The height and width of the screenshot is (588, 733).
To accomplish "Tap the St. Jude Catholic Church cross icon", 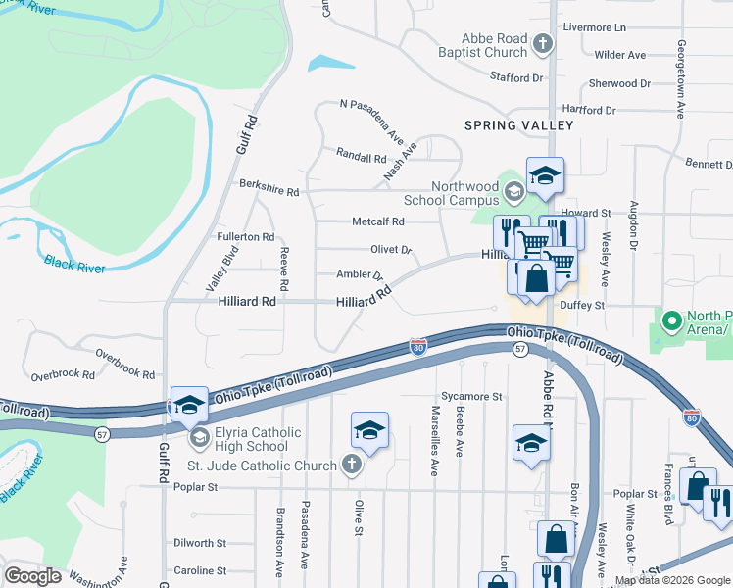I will (x=351, y=465).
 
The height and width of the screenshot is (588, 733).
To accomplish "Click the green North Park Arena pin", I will (x=671, y=321).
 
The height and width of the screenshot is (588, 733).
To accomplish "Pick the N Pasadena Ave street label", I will (x=371, y=122).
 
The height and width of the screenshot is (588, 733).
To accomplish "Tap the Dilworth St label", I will (x=199, y=542).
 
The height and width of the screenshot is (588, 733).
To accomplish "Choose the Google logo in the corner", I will (x=33, y=576).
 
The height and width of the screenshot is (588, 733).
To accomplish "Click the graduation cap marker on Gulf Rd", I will (x=189, y=405).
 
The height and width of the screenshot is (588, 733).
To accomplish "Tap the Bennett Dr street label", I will (x=708, y=164).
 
